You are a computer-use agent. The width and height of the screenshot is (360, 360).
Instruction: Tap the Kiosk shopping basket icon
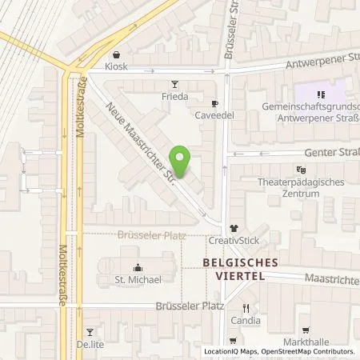click(118, 55)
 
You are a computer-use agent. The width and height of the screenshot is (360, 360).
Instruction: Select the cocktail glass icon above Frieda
click(175, 83)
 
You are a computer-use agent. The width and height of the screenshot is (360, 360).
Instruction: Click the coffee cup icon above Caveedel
click(214, 102)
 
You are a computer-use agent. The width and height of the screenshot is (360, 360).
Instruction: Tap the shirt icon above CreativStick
click(234, 228)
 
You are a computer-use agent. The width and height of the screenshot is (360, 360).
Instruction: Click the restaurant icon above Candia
click(246, 308)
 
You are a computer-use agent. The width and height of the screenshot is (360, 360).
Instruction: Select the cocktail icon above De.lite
click(90, 331)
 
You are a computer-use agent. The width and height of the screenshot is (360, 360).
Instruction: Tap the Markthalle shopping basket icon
click(306, 329)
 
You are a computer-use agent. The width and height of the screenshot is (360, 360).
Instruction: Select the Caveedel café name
click(214, 115)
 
